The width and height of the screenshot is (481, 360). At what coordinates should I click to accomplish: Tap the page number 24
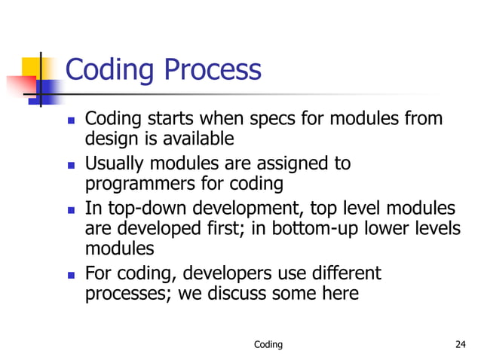(x=461, y=345)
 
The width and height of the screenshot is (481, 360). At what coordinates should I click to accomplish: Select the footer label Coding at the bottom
(x=268, y=345)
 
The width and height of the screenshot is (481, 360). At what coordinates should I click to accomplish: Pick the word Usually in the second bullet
(x=115, y=163)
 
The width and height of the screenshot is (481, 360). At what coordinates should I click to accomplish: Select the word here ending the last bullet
(x=340, y=293)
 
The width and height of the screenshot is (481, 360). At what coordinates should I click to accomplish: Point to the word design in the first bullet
(x=110, y=139)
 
